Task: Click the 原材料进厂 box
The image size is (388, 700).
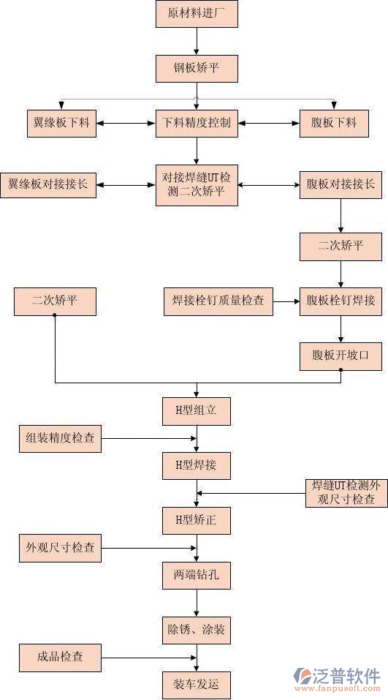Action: pyautogui.click(x=197, y=14)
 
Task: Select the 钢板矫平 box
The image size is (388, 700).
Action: pyautogui.click(x=197, y=69)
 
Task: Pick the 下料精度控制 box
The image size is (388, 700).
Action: pyautogui.click(x=197, y=123)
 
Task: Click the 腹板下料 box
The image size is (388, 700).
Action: pyautogui.click(x=334, y=123)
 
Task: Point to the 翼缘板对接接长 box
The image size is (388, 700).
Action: pyautogui.click(x=48, y=184)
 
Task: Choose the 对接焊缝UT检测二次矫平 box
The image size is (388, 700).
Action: pyautogui.click(x=197, y=184)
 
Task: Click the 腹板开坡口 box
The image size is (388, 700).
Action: pyautogui.click(x=341, y=355)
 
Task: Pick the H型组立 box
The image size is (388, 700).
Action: pyautogui.click(x=197, y=411)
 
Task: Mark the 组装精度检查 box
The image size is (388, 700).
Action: pyautogui.click(x=60, y=439)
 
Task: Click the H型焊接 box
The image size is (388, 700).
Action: pyautogui.click(x=197, y=465)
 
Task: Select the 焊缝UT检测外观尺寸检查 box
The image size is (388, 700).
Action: pyautogui.click(x=346, y=493)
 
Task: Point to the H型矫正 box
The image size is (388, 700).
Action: pyautogui.click(x=197, y=521)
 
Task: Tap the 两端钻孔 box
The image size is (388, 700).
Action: pyautogui.click(x=197, y=575)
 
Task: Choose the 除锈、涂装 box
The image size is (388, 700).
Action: pyautogui.click(x=197, y=630)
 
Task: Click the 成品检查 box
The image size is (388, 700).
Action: pyautogui.click(x=60, y=657)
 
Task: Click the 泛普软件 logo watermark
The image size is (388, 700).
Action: pyautogui.click(x=337, y=679)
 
